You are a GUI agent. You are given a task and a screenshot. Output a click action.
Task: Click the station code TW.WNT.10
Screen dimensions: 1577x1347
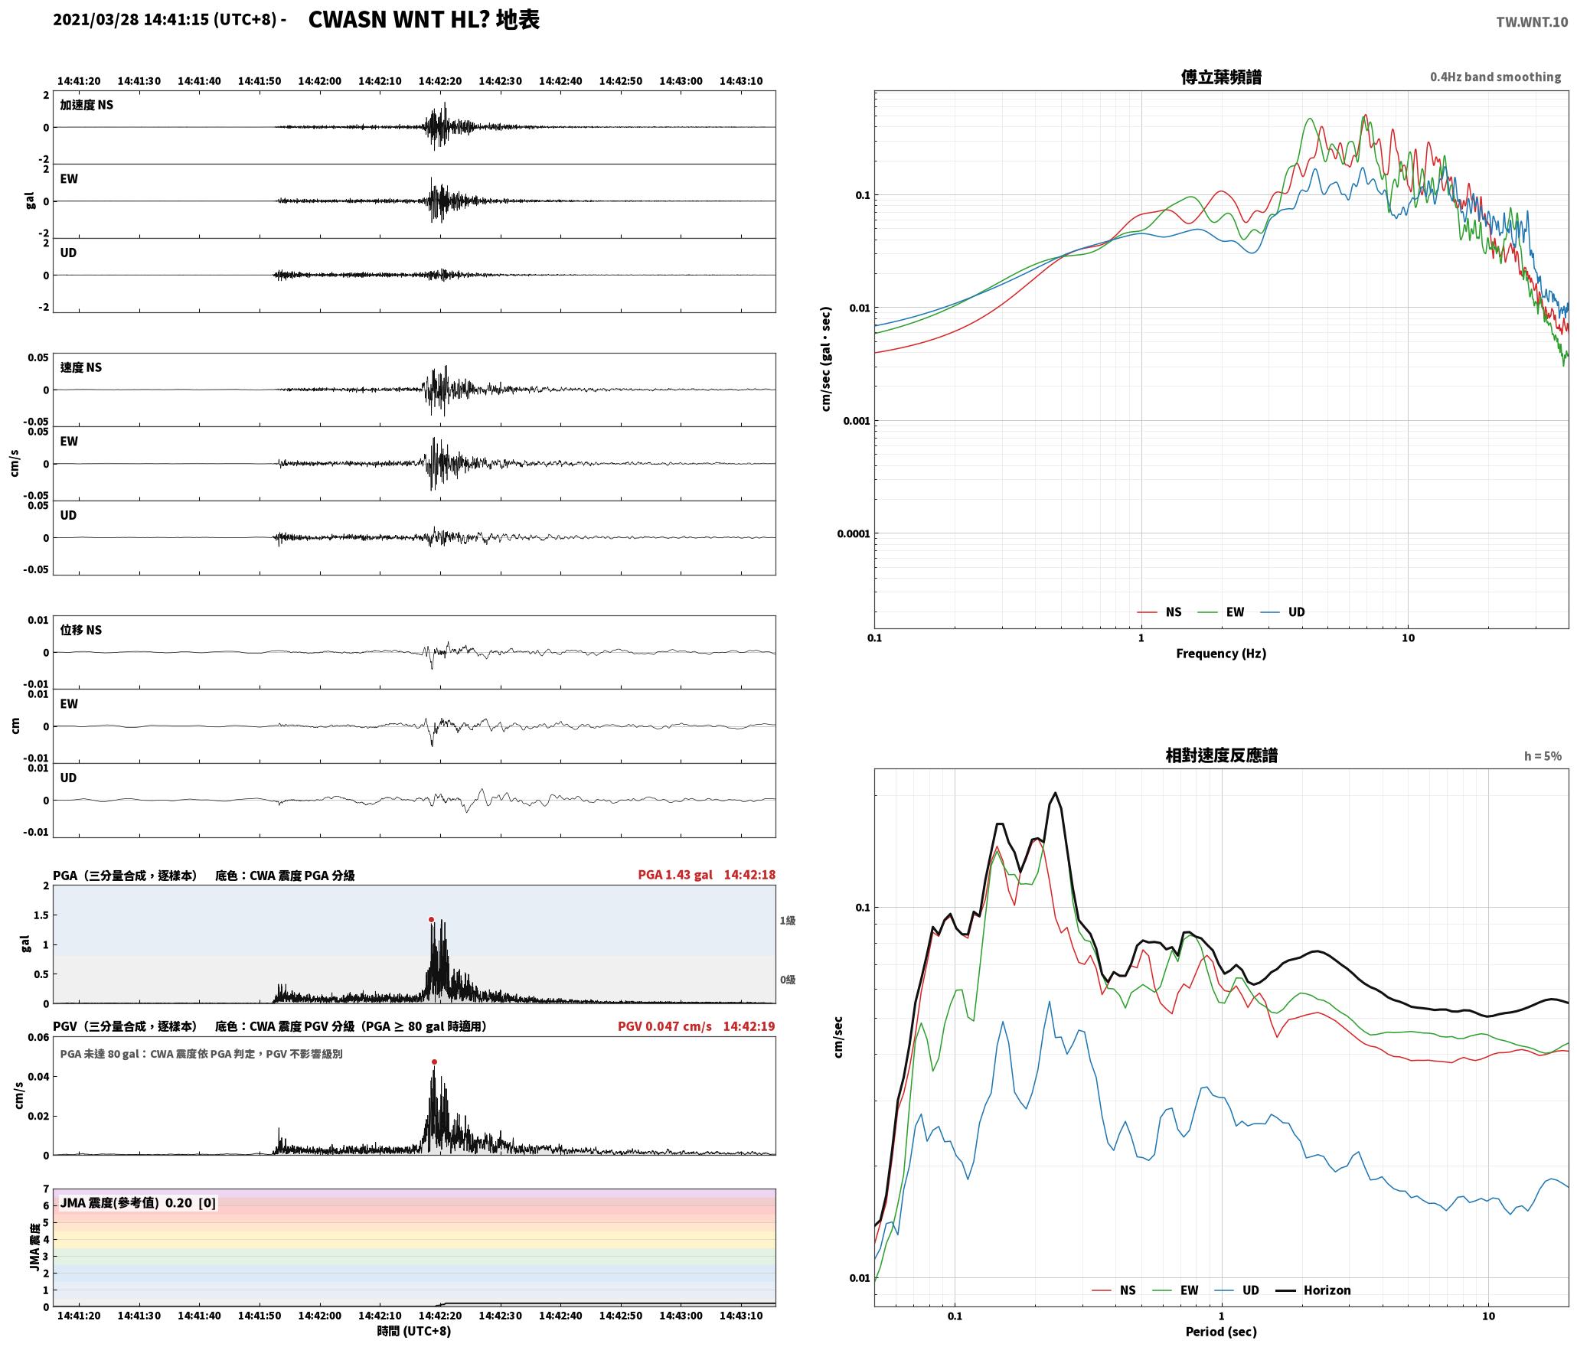[1532, 22]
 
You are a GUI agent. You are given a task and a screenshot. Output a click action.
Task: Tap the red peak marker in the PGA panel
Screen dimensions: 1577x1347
[431, 919]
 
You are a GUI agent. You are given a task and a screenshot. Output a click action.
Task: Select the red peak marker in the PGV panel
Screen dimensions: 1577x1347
[434, 1062]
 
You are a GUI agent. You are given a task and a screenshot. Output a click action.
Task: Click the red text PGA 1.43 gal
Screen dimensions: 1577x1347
[674, 875]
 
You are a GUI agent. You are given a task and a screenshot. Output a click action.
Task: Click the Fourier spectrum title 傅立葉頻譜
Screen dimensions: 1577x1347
[1221, 77]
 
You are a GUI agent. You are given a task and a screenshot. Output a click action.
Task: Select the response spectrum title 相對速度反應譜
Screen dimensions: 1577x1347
[1221, 755]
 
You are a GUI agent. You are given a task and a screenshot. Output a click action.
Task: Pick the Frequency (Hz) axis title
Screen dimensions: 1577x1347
[1221, 654]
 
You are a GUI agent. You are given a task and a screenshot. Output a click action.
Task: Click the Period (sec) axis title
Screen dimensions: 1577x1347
[1221, 1332]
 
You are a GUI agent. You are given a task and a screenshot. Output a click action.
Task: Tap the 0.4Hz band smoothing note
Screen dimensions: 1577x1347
[1495, 77]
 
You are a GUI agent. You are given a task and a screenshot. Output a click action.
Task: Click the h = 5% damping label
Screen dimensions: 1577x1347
[1543, 756]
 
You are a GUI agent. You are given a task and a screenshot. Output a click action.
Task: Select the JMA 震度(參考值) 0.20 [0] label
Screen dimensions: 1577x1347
[138, 1202]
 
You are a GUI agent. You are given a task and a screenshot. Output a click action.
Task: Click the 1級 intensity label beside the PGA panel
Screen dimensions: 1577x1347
[788, 921]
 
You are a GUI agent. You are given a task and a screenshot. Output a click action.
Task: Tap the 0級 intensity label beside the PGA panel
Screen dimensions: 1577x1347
[788, 980]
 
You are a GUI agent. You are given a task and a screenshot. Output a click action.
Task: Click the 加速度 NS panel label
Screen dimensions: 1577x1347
[87, 105]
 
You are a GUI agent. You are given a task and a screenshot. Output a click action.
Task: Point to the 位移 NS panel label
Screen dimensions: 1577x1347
[81, 630]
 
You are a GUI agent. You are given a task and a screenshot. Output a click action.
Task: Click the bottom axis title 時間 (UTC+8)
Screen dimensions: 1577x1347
[414, 1331]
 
